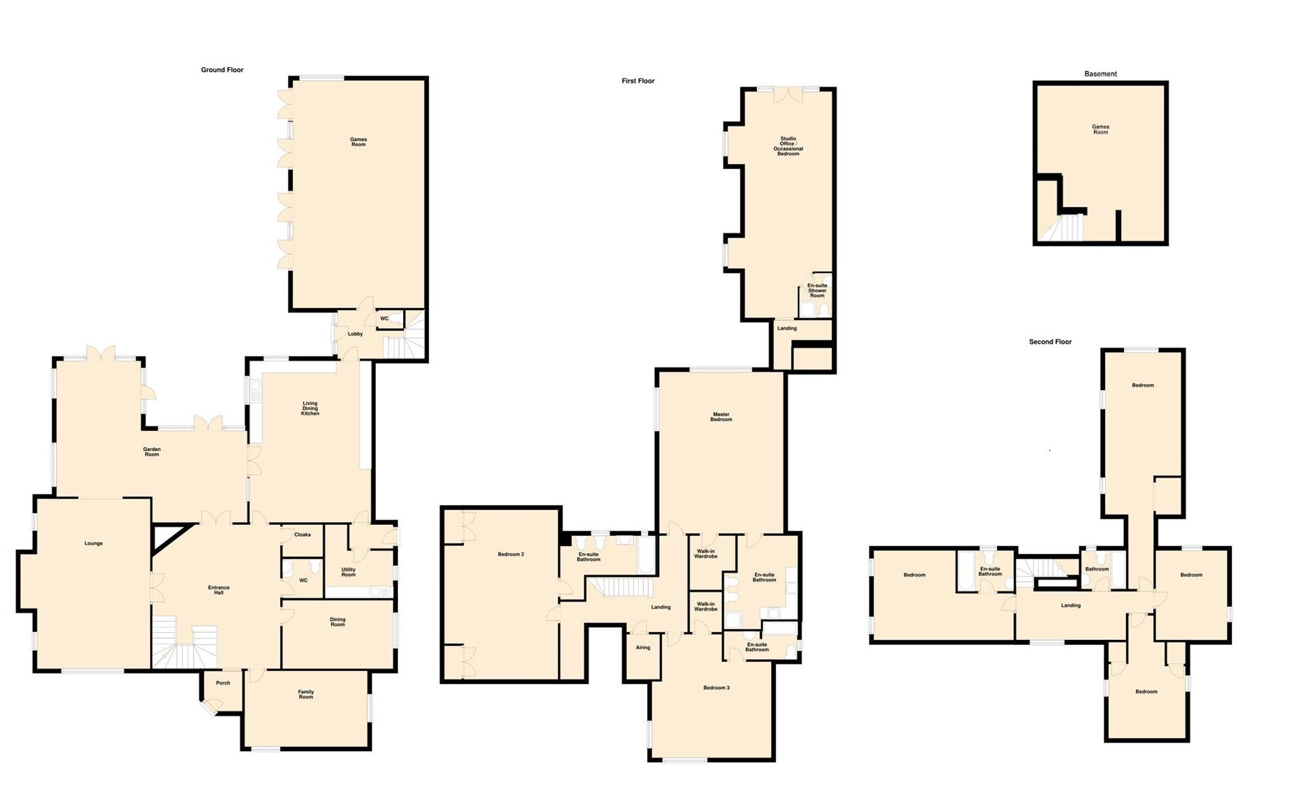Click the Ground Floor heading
coord(222,70)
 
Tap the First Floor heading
coord(638,81)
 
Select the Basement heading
coord(1101,74)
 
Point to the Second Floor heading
coord(1050,342)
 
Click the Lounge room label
coord(93,543)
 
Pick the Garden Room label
coord(151,452)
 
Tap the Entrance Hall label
coord(219,590)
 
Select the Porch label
coord(223,683)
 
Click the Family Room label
coord(306,694)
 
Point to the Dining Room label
coord(338,622)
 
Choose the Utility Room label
coord(348,572)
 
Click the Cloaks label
coord(302,534)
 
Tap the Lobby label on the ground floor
coord(355,334)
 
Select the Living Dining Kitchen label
coord(310,408)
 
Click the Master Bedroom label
coord(721,417)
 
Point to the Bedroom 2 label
coord(510,554)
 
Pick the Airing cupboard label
coord(642,648)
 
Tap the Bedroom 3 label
coord(716,688)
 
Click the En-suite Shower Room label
coord(817,291)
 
